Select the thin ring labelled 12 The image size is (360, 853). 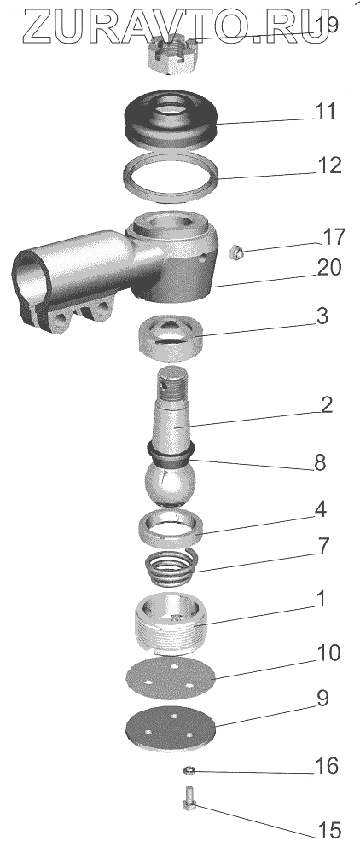coord(169,177)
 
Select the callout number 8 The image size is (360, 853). coord(320,463)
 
